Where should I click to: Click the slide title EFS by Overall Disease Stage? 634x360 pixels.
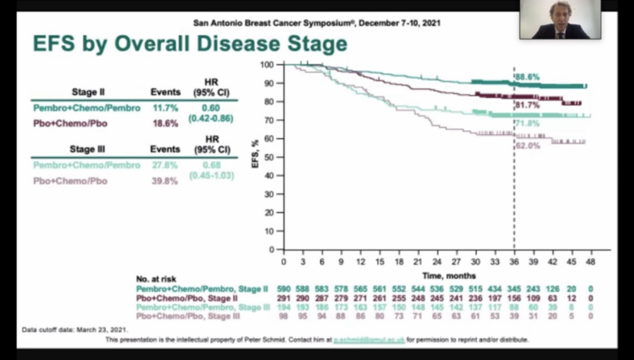click(x=189, y=44)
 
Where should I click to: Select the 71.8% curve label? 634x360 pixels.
click(x=527, y=123)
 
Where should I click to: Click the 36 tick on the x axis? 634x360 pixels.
click(x=514, y=262)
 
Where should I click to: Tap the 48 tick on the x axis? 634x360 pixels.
click(x=591, y=262)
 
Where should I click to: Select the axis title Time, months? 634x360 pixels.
click(x=448, y=275)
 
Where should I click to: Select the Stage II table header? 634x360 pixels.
click(x=88, y=90)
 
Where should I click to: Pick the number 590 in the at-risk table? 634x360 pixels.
click(x=284, y=287)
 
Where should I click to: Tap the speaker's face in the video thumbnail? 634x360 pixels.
click(x=559, y=12)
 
